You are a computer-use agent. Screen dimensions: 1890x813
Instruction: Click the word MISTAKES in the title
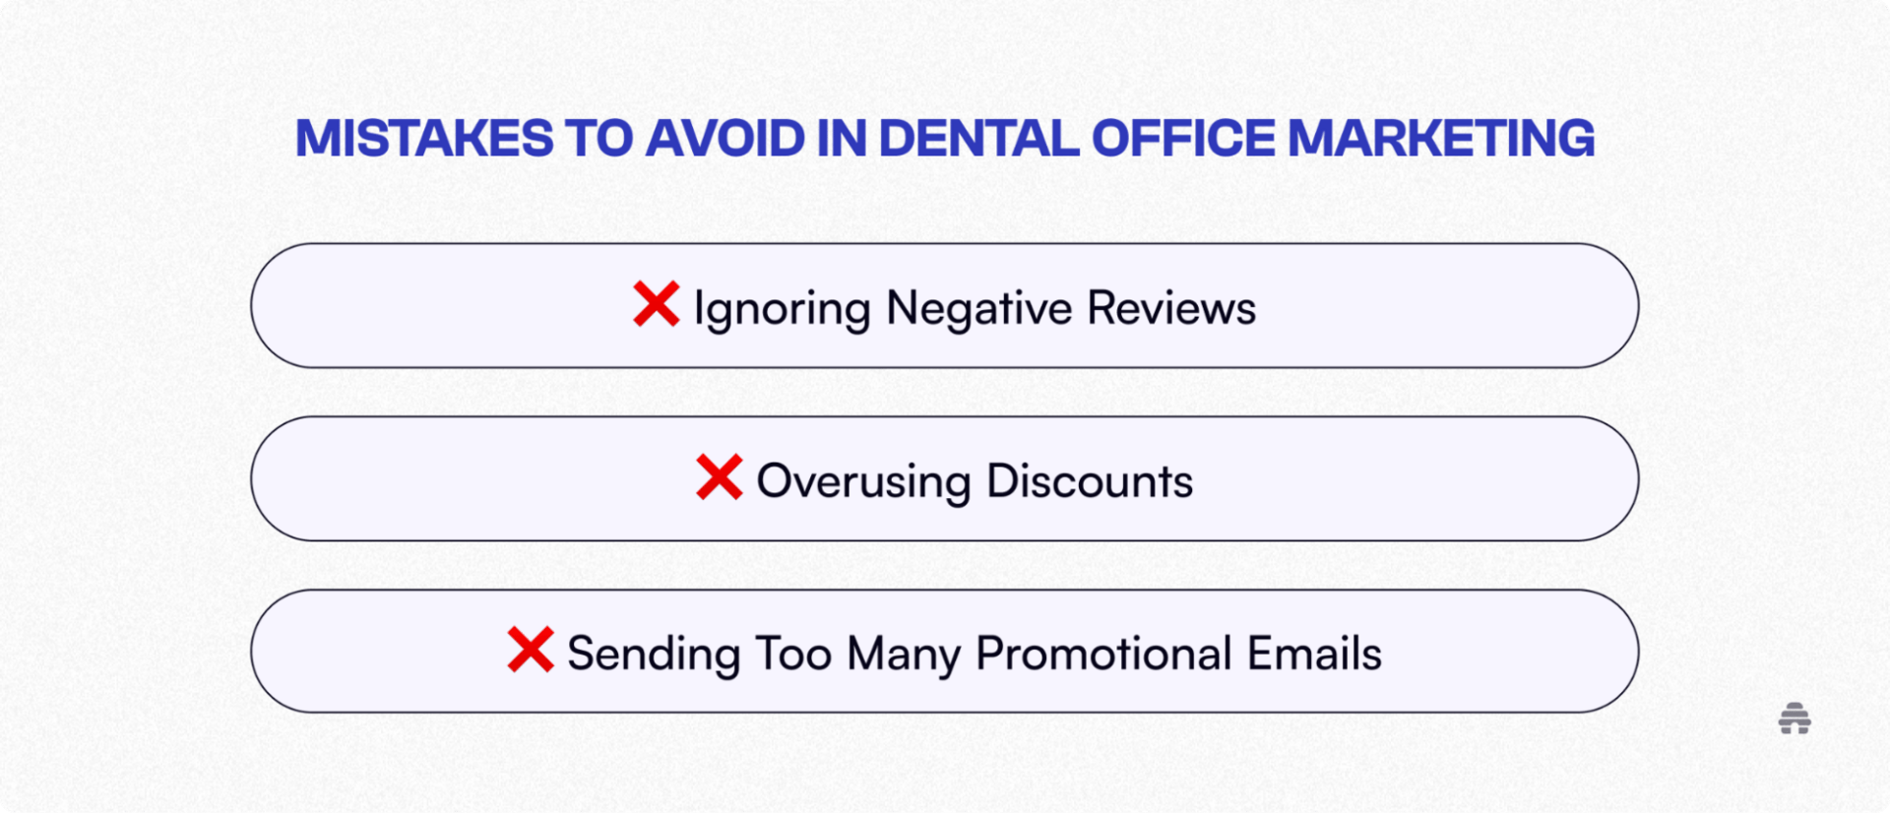click(x=424, y=138)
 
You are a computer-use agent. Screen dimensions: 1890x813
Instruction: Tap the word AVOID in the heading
click(x=726, y=138)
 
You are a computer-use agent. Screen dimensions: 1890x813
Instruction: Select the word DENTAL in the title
click(x=978, y=138)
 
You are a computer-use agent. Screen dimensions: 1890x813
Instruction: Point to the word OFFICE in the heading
click(x=1183, y=138)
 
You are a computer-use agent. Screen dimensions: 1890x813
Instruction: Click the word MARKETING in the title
click(x=1441, y=138)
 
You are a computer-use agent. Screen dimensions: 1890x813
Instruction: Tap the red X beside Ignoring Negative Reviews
click(x=657, y=304)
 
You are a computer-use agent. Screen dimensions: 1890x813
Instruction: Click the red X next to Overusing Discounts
click(x=720, y=477)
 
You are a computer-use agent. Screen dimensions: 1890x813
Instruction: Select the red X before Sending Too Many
click(x=531, y=651)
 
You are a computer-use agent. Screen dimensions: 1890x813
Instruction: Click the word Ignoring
click(x=783, y=310)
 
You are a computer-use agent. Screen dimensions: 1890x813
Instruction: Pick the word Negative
click(x=979, y=308)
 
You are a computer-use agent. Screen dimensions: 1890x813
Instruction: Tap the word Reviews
click(x=1171, y=308)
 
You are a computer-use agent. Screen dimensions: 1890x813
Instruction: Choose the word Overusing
click(x=863, y=482)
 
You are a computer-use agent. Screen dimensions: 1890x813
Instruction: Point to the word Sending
click(x=654, y=656)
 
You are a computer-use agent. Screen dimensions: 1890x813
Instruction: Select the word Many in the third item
click(x=904, y=656)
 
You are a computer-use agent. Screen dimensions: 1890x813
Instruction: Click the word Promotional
click(x=1103, y=654)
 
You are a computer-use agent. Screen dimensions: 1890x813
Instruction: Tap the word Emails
click(x=1315, y=654)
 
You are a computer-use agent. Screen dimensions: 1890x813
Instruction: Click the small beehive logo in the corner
click(x=1795, y=719)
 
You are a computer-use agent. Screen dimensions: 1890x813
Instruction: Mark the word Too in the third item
click(x=793, y=654)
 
